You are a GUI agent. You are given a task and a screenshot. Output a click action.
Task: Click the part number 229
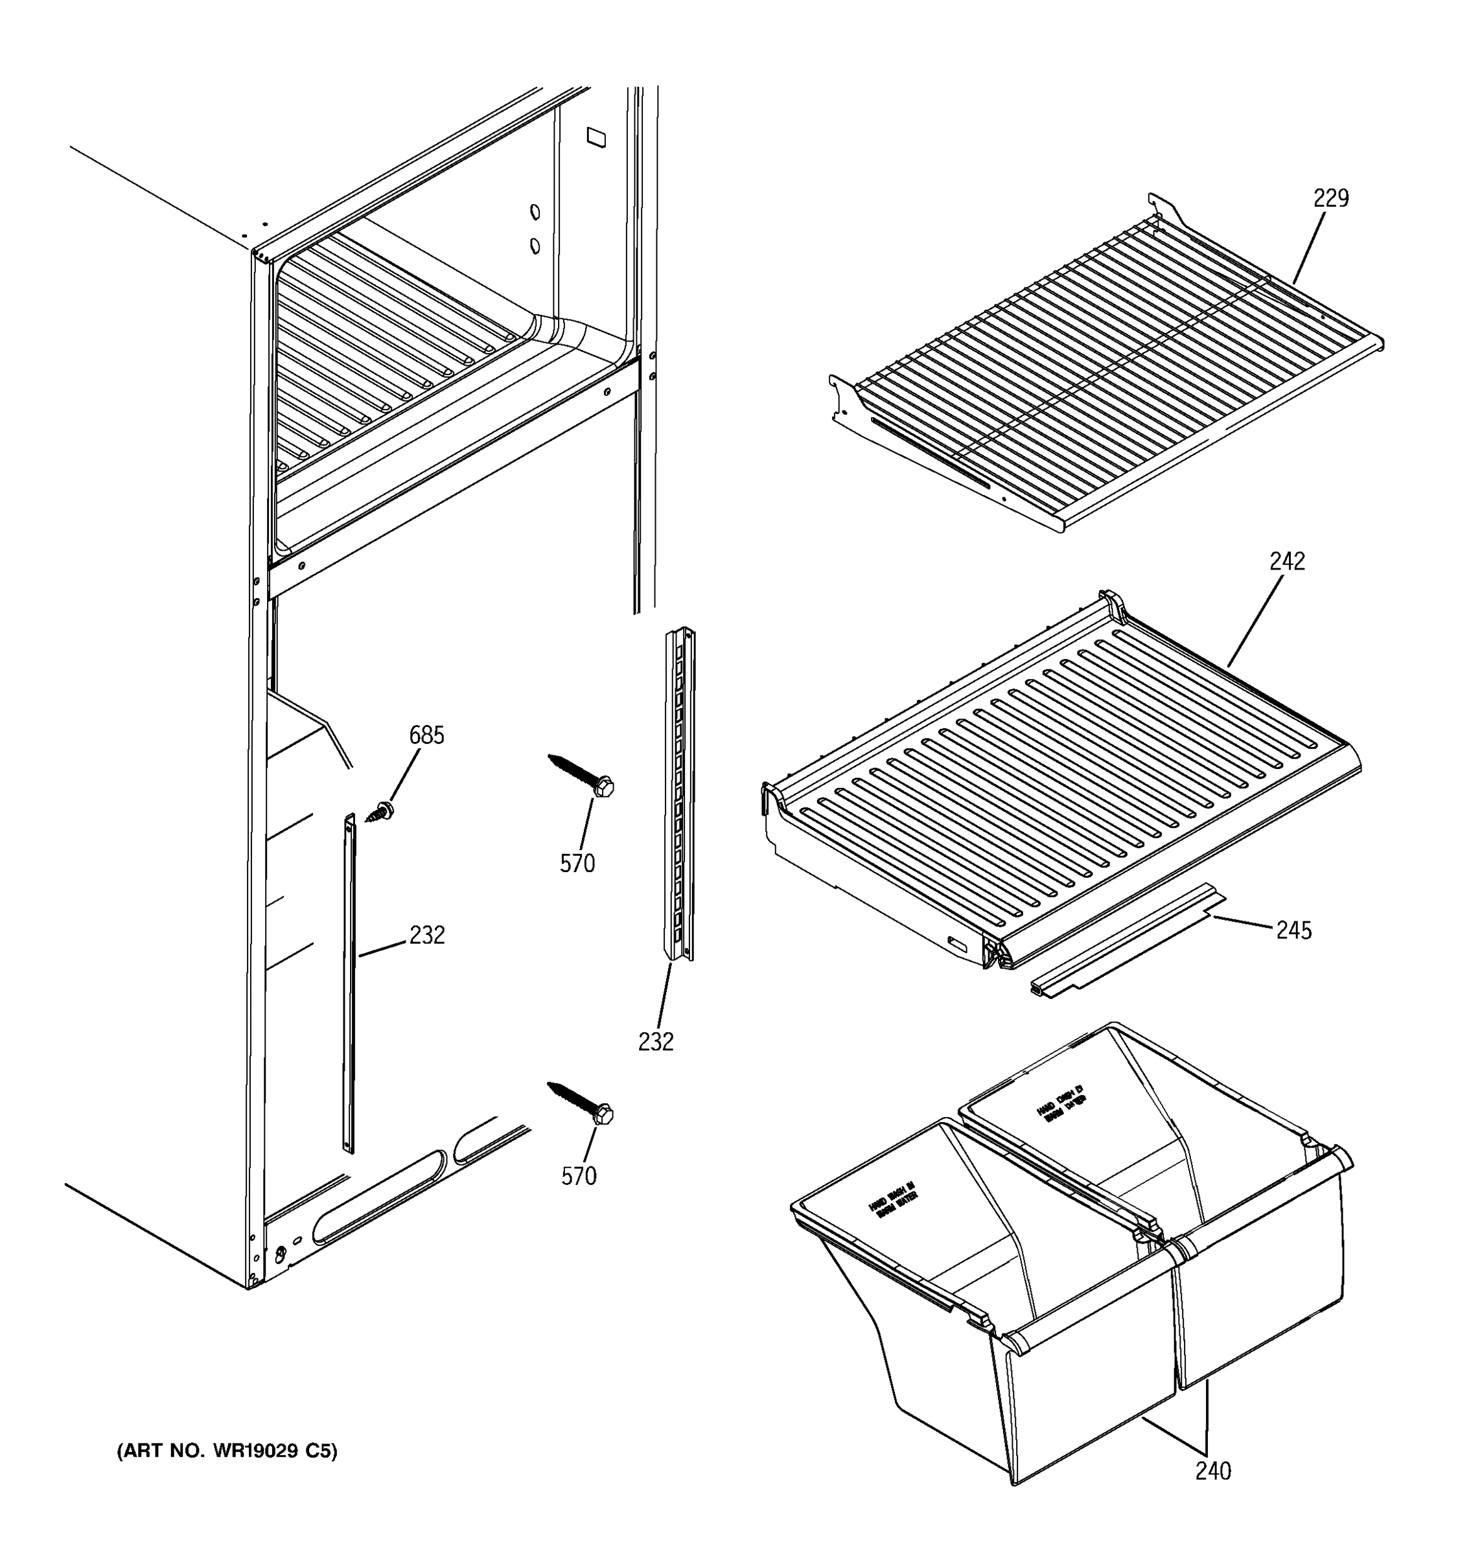pyautogui.click(x=1330, y=199)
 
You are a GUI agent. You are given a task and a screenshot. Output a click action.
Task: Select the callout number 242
pyautogui.click(x=1287, y=562)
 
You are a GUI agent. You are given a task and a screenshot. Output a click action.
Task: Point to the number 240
pyautogui.click(x=1212, y=1471)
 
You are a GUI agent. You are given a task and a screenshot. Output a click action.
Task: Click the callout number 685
pyautogui.click(x=426, y=735)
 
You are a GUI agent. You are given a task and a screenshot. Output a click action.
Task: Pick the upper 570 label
pyautogui.click(x=577, y=864)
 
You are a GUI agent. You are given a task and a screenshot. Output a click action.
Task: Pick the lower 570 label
pyautogui.click(x=578, y=1175)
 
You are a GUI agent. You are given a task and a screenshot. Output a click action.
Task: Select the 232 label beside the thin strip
pyautogui.click(x=426, y=935)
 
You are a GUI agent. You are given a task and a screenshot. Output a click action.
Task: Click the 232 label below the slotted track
pyautogui.click(x=656, y=1041)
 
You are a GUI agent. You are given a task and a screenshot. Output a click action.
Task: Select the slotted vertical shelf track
pyautogui.click(x=679, y=794)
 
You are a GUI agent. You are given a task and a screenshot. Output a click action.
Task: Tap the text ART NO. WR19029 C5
pyautogui.click(x=227, y=1451)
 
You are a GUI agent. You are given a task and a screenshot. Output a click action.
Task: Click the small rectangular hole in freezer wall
pyautogui.click(x=596, y=137)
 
